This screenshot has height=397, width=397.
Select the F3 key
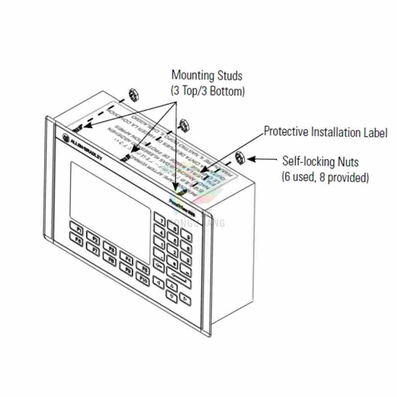click(110, 249)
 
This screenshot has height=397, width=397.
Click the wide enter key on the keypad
click(179, 277)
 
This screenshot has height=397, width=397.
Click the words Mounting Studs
click(207, 75)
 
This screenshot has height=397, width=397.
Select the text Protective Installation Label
click(326, 132)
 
